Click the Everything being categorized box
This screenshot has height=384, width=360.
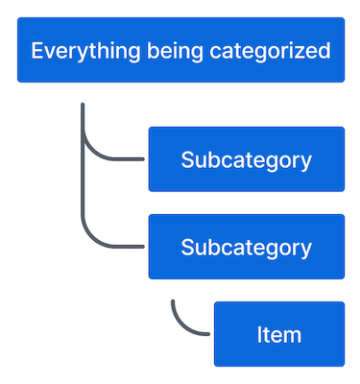coord(180,50)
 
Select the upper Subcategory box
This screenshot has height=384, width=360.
coord(246,159)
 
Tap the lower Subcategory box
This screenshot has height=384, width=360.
coord(246,247)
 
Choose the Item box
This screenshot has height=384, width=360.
coord(278,334)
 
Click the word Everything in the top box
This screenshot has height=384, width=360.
coord(75,51)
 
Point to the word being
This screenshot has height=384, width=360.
coord(154,51)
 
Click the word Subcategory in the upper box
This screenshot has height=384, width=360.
coord(246,159)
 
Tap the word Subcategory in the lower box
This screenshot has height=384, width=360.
coord(246,247)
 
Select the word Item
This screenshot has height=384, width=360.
coord(278,334)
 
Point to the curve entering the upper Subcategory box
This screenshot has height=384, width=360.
coord(106,154)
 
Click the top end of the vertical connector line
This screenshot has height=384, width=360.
coord(84,105)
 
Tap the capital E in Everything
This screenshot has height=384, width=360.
coord(36,51)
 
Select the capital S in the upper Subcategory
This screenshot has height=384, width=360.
coord(186,159)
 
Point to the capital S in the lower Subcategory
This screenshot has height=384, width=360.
coord(186,247)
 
